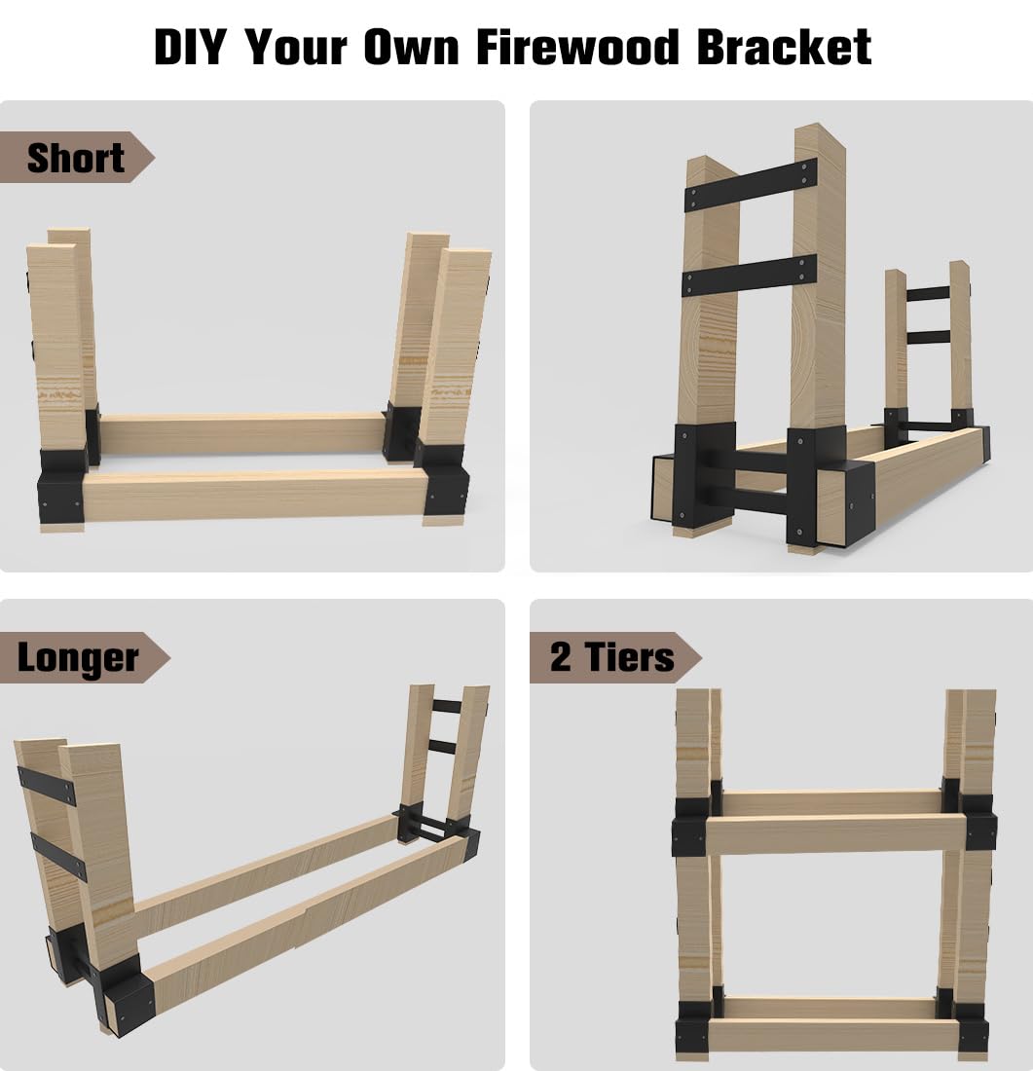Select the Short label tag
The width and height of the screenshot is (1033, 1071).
(76, 158)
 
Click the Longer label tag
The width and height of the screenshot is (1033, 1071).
(78, 658)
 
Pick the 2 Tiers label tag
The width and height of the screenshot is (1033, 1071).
(611, 657)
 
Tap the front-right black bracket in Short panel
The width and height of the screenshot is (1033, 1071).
(446, 487)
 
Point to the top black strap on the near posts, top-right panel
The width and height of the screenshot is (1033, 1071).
(751, 185)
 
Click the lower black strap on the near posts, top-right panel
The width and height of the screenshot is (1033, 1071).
(749, 275)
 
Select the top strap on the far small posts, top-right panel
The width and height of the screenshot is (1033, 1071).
(928, 293)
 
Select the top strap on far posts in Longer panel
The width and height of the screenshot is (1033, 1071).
(446, 706)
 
